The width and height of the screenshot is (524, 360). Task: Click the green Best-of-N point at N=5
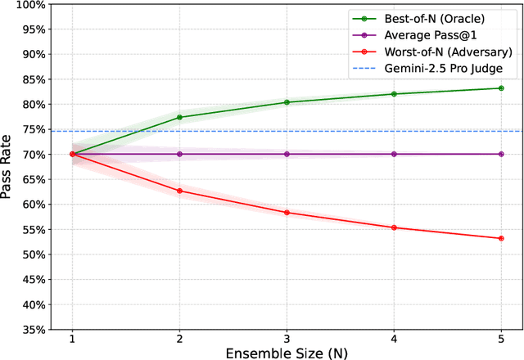pos(500,88)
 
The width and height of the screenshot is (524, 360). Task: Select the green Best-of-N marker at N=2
pos(179,117)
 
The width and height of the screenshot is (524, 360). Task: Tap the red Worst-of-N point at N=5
pos(500,238)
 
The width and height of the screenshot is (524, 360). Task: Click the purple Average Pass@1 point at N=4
pos(394,154)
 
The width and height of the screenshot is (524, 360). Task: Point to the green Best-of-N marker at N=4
pos(394,94)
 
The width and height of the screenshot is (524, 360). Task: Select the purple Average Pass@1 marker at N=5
pos(500,154)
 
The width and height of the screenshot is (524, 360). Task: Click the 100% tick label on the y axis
pos(28,4)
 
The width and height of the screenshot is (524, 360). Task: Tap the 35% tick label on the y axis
pos(30,329)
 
